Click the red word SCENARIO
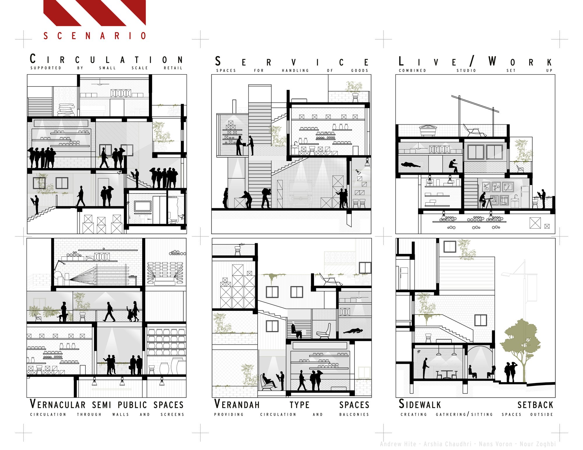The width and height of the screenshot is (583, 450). (95, 36)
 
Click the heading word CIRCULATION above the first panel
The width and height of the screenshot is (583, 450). (106, 59)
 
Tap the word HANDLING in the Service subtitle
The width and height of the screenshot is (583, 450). (295, 70)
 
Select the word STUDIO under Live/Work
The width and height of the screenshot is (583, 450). (466, 70)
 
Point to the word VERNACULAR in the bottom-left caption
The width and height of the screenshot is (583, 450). (58, 404)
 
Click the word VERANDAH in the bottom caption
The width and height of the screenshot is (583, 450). (237, 404)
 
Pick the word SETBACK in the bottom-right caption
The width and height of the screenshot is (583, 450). (535, 405)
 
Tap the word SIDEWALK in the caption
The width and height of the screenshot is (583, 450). (420, 404)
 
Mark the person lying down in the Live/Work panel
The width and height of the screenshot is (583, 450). (411, 165)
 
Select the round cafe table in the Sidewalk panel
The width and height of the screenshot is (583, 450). (447, 374)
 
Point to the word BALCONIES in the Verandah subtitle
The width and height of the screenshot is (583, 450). (354, 414)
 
